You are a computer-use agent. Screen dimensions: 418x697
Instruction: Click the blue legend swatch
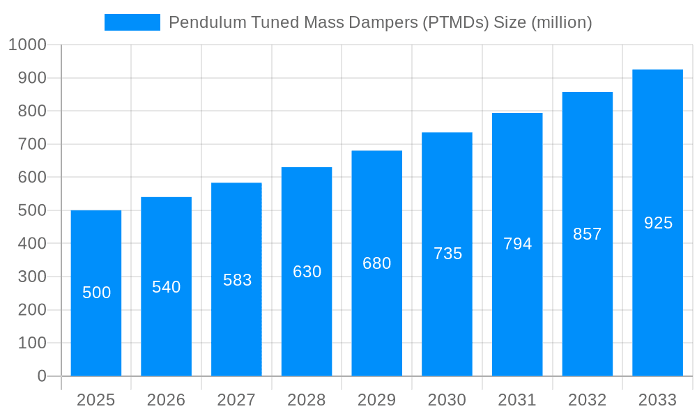[132, 22]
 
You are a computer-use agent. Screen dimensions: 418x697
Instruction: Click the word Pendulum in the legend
[202, 22]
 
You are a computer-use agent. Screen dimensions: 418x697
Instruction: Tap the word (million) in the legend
[562, 22]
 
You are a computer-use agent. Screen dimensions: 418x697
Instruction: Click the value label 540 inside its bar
[167, 287]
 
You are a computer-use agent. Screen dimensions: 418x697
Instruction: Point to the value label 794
[517, 244]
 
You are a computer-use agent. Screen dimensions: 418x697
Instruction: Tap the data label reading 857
[587, 234]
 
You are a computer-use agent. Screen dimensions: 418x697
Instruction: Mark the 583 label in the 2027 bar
[237, 280]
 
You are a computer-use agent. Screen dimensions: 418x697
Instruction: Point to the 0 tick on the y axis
[42, 376]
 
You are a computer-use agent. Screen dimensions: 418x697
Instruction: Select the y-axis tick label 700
[31, 144]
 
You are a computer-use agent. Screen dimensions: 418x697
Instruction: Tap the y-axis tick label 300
[31, 277]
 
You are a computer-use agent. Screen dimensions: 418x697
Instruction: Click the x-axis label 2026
[167, 400]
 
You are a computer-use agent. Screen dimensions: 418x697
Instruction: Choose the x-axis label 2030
[447, 400]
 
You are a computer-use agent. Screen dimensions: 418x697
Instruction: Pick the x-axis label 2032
[587, 400]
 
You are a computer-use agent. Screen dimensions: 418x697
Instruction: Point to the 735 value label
[447, 254]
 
